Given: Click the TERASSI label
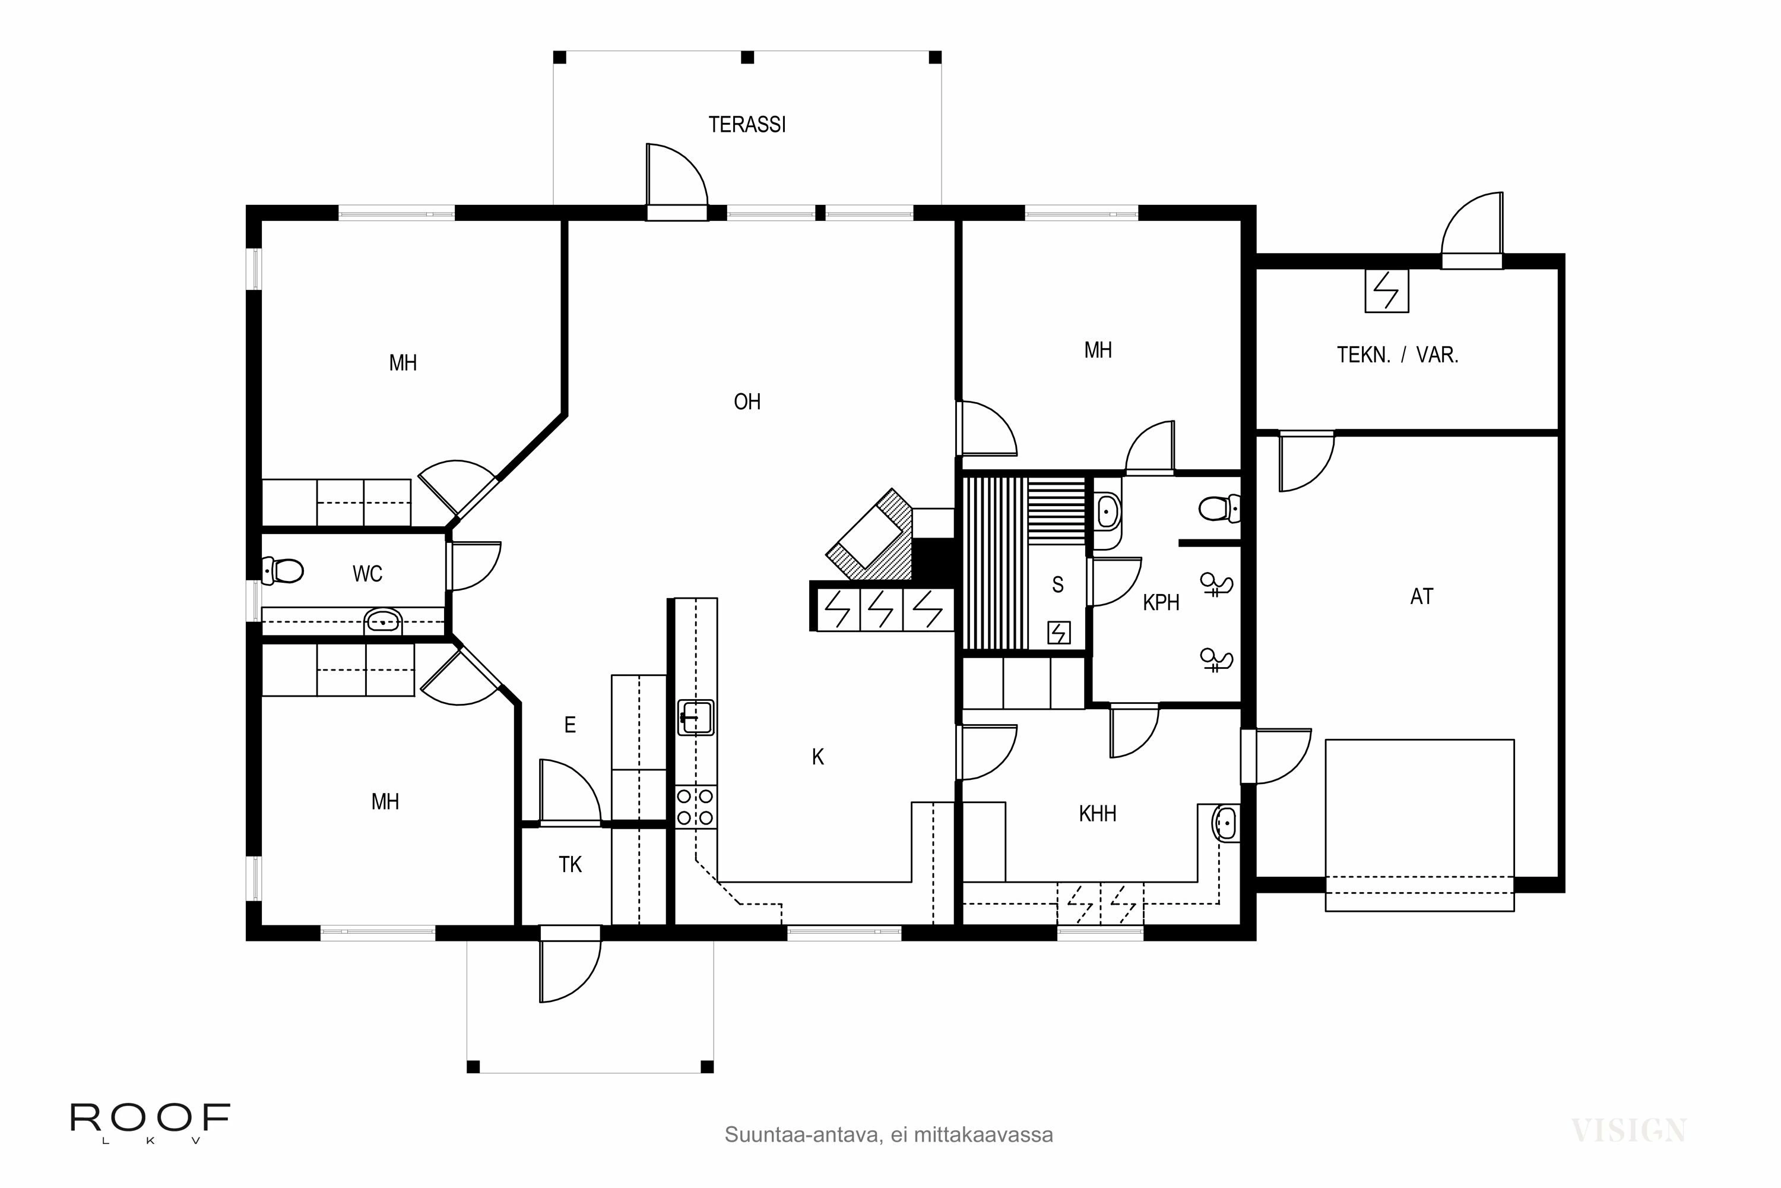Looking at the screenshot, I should (747, 124).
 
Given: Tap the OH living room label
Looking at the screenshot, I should (747, 402).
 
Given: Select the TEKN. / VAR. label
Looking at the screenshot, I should (1397, 355).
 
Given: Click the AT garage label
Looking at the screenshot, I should (1421, 596).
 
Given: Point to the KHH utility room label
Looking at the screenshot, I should (1097, 814).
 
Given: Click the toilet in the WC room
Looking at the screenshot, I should (284, 570).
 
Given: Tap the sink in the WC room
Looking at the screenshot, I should (383, 621).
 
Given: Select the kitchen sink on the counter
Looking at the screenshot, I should (695, 717).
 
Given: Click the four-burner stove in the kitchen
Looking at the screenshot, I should (695, 807).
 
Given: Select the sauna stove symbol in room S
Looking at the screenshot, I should (1059, 632).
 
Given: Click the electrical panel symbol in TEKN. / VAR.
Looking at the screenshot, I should (1386, 291).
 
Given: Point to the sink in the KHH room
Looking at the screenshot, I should (1226, 823).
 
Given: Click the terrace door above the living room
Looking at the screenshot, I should (676, 182).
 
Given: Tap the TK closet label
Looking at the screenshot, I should (570, 864).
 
